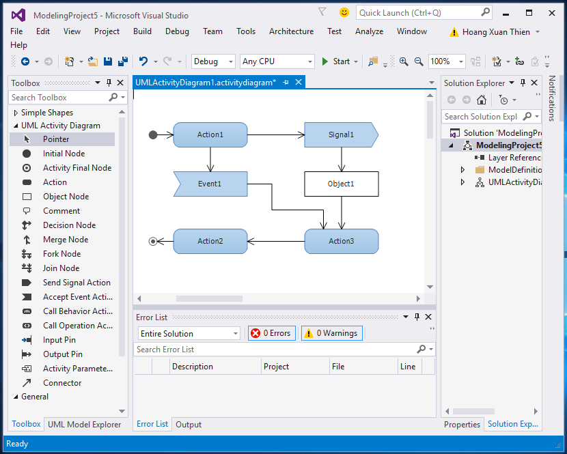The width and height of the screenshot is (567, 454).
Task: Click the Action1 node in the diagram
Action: click(x=210, y=134)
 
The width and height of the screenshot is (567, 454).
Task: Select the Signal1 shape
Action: click(x=340, y=134)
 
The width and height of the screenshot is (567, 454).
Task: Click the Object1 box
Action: click(x=341, y=184)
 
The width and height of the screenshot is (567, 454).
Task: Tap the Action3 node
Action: click(x=341, y=241)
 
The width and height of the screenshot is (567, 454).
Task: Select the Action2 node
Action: click(x=210, y=241)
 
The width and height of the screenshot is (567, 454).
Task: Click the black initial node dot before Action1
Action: click(x=153, y=134)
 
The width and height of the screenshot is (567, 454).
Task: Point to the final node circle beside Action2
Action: click(x=153, y=241)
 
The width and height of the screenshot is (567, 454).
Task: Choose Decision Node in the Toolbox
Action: click(x=69, y=225)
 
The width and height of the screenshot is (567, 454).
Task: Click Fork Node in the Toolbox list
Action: click(x=61, y=254)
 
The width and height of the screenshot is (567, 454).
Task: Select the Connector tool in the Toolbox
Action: click(x=62, y=383)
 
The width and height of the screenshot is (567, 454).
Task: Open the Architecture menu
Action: click(x=291, y=31)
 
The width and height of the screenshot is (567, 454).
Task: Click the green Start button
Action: click(x=335, y=61)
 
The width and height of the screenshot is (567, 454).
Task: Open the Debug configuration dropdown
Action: click(x=214, y=61)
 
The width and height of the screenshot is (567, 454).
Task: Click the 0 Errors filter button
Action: click(x=271, y=333)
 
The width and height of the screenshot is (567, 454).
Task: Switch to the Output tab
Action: click(x=189, y=424)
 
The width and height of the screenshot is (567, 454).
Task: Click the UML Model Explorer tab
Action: click(x=84, y=424)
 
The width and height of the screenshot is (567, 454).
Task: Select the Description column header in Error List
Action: click(x=193, y=367)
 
